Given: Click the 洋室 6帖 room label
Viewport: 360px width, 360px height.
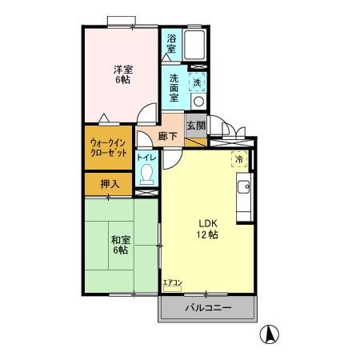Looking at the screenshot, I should click(122, 74).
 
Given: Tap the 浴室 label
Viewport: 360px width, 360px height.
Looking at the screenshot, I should click(172, 43).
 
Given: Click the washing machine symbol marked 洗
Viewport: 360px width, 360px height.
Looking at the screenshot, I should click(196, 82).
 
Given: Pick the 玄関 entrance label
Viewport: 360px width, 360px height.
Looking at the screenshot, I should click(196, 125).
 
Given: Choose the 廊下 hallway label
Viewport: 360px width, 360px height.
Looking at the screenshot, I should click(167, 136).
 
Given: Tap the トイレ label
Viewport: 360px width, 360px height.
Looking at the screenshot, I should click(146, 158).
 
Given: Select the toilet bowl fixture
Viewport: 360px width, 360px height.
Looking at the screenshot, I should click(146, 178).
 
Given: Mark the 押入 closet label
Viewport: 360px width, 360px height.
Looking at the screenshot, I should click(110, 184).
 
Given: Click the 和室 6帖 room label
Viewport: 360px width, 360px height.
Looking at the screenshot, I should click(121, 244).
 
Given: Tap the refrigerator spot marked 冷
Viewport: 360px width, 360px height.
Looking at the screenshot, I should click(238, 159).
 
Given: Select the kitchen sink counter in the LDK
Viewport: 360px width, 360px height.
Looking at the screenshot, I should click(244, 192).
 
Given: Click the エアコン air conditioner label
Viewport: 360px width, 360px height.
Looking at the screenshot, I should click(172, 282).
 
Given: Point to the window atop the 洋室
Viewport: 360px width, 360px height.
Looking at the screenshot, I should click(121, 20).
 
